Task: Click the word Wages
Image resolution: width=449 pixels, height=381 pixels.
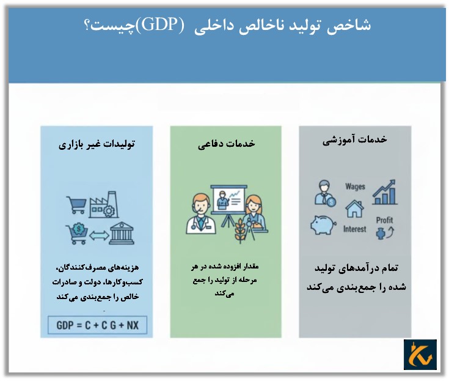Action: (355, 187)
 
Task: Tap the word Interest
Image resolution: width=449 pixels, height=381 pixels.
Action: (355, 229)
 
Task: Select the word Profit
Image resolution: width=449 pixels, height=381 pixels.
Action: (384, 220)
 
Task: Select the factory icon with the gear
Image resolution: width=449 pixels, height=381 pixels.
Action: (105, 204)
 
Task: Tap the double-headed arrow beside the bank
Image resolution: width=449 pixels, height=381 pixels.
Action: (100, 235)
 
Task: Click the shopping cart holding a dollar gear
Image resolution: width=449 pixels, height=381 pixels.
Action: (76, 233)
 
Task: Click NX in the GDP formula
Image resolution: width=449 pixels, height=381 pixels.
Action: (132, 325)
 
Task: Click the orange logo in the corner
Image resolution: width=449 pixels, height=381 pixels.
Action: (420, 354)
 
